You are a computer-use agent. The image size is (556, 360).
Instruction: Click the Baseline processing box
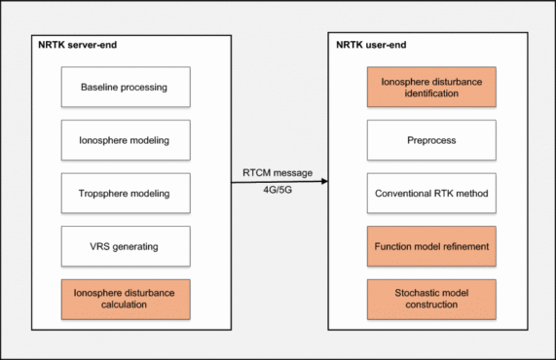[x=123, y=88]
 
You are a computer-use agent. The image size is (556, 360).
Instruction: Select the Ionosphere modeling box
[x=123, y=140]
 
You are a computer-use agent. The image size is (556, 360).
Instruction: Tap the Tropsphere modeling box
[x=123, y=194]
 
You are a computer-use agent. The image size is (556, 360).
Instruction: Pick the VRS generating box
[x=123, y=246]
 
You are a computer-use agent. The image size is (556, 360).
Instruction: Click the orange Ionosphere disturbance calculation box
[x=123, y=299]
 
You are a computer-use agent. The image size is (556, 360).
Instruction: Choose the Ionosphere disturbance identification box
[x=430, y=88]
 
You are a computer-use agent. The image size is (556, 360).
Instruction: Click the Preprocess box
[x=430, y=140]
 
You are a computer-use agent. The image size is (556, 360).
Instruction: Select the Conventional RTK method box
[x=430, y=194]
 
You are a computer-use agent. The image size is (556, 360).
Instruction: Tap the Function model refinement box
[x=430, y=246]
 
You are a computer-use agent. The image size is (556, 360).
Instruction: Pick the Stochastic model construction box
[x=430, y=299]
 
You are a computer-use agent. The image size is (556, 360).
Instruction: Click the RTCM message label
[x=278, y=173]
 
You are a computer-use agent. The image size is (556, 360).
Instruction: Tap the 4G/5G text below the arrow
[x=278, y=191]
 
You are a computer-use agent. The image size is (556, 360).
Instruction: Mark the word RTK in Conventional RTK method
[x=444, y=194]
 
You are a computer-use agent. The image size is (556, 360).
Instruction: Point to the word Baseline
[x=102, y=88]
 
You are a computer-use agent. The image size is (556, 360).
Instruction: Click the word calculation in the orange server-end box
[x=123, y=306]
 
